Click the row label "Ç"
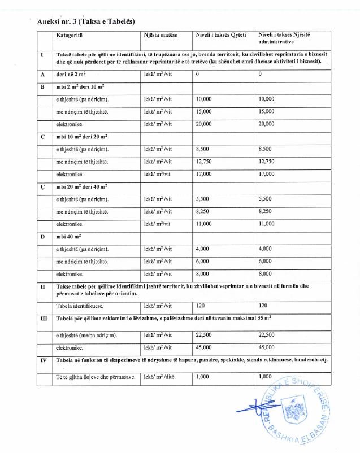42,186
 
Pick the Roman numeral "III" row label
43,320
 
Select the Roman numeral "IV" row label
43,360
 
